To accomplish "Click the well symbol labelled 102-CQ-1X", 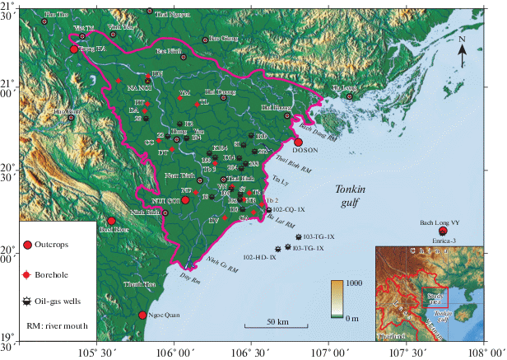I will point(269,210).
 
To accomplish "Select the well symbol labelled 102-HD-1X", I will point(277,248).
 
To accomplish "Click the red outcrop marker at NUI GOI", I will point(185,199).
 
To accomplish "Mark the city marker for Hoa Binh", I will point(72,117).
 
